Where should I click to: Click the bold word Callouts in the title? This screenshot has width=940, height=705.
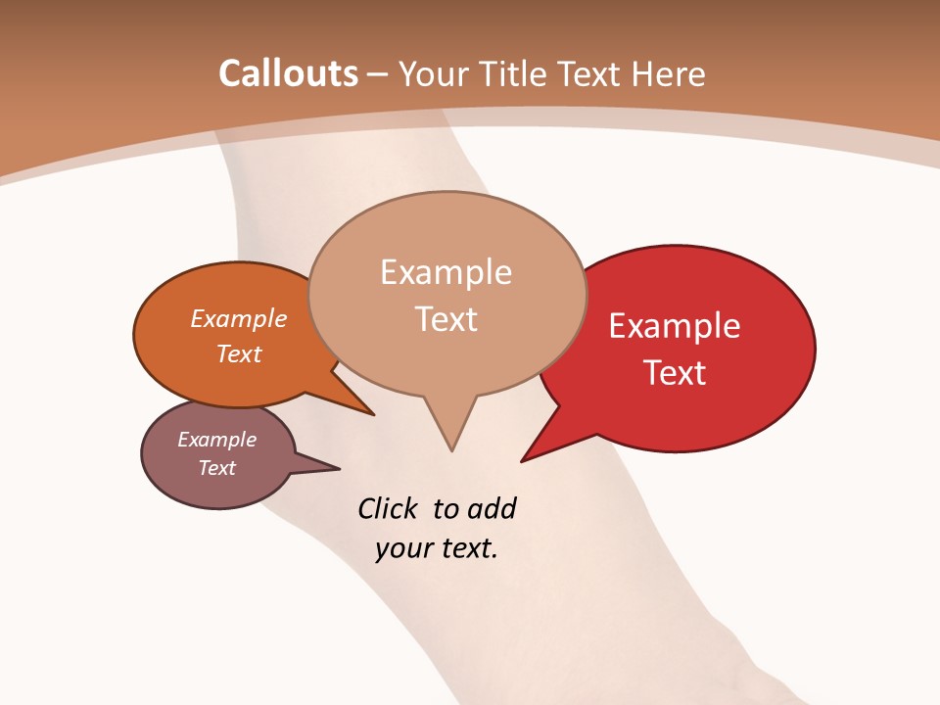288,73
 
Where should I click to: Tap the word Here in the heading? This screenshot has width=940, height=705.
669,73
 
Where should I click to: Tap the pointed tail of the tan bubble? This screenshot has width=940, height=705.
450,431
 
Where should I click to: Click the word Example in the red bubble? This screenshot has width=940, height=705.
675,326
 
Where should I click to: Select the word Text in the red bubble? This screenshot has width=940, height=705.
676,372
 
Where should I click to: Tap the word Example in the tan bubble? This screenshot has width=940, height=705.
446,272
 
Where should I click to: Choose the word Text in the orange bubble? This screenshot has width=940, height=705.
239,353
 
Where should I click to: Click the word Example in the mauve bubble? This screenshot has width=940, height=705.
216,440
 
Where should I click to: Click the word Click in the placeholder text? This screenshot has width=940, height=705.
389,508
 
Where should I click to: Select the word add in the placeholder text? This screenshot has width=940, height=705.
492,508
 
